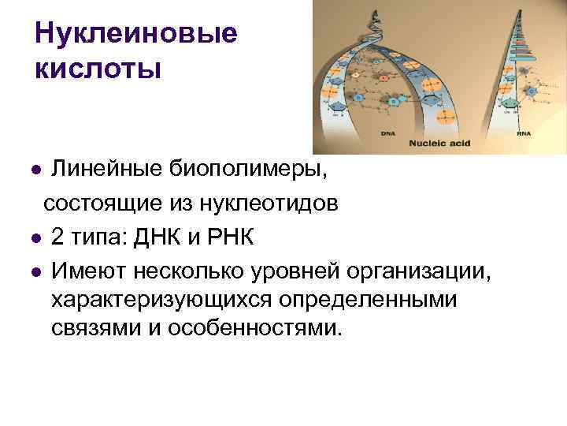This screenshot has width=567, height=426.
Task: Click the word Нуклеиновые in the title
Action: pos(135,34)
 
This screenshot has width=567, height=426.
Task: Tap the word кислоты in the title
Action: pos(98,69)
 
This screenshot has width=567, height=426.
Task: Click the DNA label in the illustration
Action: pos(387,133)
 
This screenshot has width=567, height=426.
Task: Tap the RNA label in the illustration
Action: pos(524,133)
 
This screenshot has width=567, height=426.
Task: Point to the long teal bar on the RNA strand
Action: pos(521,47)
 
